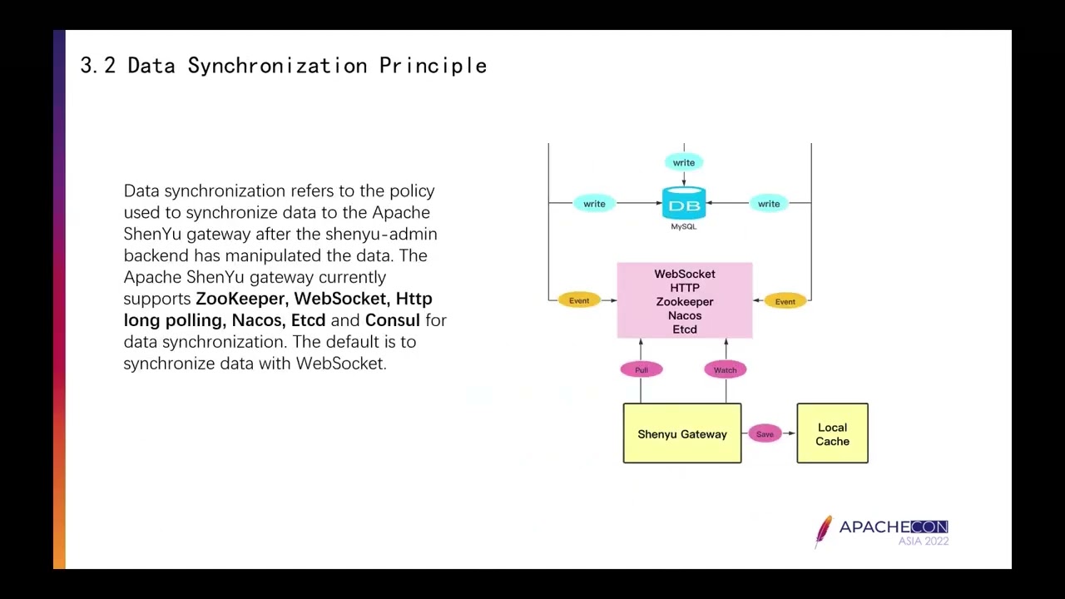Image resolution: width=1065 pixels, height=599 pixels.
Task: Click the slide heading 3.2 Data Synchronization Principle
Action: coord(283,66)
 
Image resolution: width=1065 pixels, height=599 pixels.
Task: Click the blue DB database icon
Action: coord(684,204)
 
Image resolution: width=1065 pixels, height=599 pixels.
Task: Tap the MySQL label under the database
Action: coord(684,226)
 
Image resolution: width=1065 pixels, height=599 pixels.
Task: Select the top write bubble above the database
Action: coord(684,162)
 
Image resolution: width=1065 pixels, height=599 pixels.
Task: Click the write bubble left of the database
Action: coord(594,204)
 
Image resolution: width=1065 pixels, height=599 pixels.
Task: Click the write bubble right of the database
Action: coord(769,204)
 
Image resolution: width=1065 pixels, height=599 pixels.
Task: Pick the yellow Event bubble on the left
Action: coord(579,300)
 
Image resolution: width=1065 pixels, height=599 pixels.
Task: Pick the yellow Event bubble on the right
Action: coord(785,301)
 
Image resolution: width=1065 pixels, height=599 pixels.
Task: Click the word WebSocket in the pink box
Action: coord(685,274)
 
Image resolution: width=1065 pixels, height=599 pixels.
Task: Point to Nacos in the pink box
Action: coord(685,315)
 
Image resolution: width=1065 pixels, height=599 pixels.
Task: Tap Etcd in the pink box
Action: coord(685,329)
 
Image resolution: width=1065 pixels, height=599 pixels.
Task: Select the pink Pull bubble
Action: coord(641,369)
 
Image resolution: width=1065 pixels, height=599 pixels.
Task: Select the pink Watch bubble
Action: coord(725,369)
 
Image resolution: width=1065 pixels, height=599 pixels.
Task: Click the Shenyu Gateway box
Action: coord(682,433)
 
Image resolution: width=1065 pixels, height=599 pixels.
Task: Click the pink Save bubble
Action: coord(765,433)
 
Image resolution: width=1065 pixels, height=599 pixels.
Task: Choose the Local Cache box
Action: coord(832,433)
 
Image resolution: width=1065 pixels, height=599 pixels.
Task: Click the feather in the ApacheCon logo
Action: coord(824,531)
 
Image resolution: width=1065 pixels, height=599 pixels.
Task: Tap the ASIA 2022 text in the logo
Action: coord(923,541)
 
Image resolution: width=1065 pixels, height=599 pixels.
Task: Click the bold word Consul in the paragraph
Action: coord(392,320)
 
